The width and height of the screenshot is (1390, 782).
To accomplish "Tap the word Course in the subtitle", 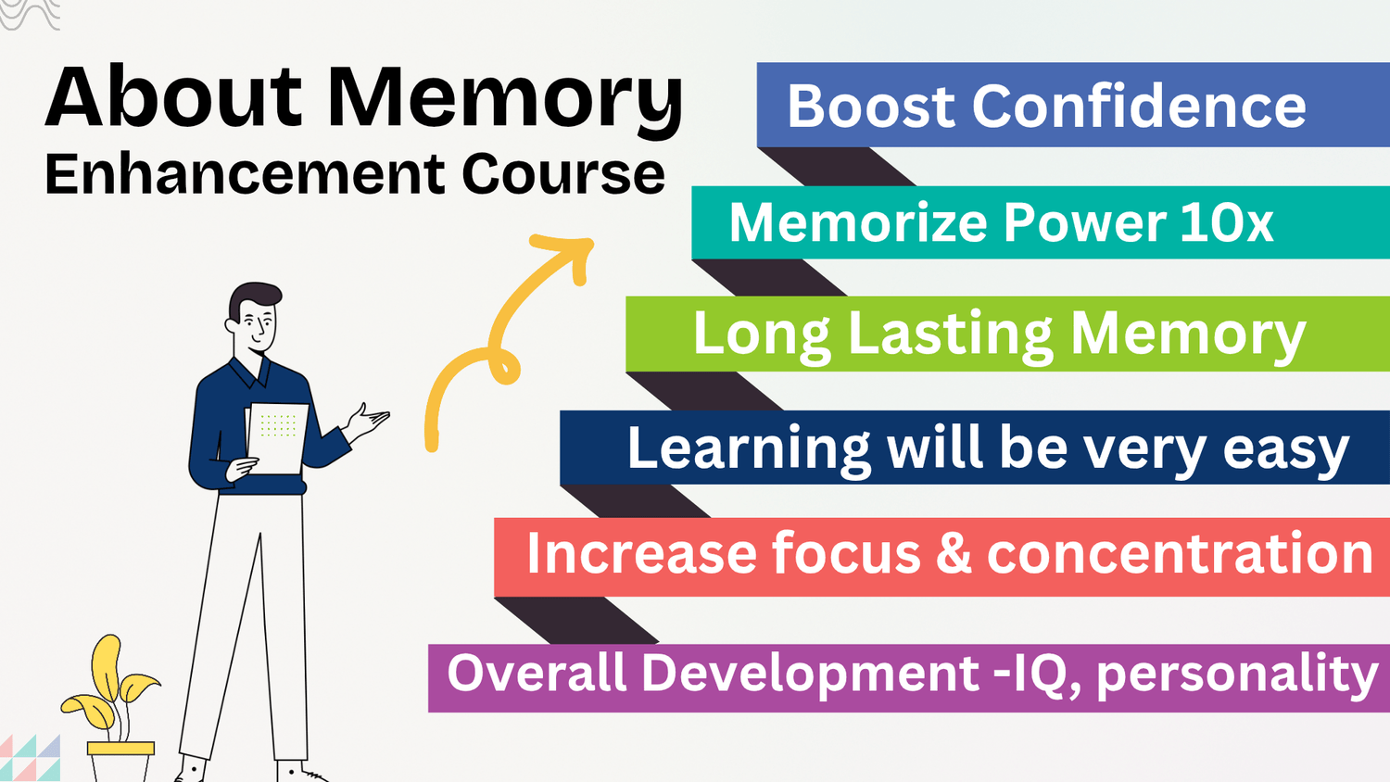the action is (x=563, y=174).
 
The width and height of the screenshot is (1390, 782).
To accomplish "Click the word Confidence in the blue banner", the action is (x=1139, y=107).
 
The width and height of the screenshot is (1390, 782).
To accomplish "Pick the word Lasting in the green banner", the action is (x=950, y=335).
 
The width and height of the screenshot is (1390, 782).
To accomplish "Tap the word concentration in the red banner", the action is (x=1180, y=553).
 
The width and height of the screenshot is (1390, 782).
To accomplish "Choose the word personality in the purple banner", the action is (x=1237, y=676).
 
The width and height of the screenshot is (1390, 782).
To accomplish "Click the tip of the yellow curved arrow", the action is (x=589, y=244).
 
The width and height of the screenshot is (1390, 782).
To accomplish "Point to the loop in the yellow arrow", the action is (x=504, y=366).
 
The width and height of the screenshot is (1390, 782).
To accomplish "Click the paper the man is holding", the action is (x=277, y=438).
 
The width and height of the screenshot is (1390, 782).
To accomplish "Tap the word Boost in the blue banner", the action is (x=871, y=107).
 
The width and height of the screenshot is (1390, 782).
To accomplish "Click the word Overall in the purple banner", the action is (x=537, y=673).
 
